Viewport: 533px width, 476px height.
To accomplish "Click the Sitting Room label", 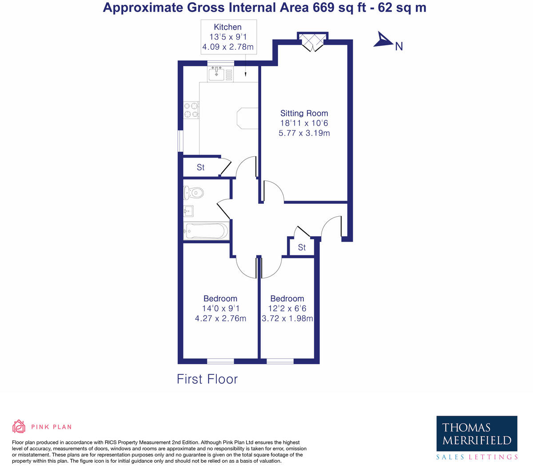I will coord(304,113).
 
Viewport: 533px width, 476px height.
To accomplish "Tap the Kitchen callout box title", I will coord(227,27).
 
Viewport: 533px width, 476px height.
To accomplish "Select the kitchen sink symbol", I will coord(217,74).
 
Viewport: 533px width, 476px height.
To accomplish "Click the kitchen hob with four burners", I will coord(191,110).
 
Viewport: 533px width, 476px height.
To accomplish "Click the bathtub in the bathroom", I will coord(206,231).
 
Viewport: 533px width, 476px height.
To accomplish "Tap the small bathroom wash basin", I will coord(188,210).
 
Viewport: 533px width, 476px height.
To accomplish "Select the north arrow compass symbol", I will coord(383,40).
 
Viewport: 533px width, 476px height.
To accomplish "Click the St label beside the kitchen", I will coord(201,167).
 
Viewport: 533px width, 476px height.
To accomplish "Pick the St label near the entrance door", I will coord(302,247).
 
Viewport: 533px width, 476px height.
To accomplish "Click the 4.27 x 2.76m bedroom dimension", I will coord(220,318).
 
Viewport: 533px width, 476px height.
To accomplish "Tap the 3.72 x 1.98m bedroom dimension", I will coord(287,318).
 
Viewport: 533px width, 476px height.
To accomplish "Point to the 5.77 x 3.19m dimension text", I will coord(304,133).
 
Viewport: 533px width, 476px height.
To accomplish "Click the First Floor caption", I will coord(207,379).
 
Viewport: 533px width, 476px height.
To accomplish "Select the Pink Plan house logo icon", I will coord(19,426).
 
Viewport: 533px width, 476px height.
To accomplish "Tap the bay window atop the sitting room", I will coord(313,41).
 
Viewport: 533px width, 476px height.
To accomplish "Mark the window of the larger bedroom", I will coord(220,361).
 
